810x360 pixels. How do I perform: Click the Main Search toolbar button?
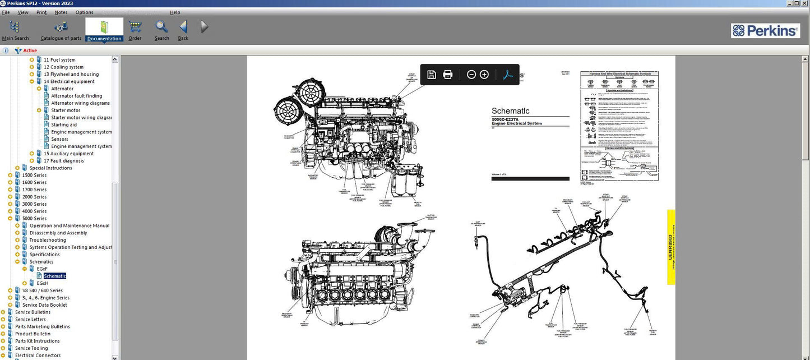[15, 30]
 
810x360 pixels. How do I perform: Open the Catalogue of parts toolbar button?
[61, 30]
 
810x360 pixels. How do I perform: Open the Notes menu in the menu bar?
[61, 12]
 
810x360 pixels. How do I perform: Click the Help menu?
[175, 12]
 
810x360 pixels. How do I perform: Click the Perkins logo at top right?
[765, 31]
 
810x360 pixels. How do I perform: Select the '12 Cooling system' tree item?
[63, 67]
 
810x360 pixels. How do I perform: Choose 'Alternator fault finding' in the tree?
[77, 96]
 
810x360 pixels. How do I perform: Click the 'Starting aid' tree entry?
[64, 125]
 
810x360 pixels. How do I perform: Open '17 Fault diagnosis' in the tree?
[63, 161]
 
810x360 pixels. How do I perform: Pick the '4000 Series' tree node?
[34, 211]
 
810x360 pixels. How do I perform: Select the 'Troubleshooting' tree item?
[48, 240]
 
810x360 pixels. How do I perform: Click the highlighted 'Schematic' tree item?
[55, 276]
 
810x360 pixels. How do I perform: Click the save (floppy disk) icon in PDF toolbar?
[432, 75]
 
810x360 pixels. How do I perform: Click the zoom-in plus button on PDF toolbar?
[484, 75]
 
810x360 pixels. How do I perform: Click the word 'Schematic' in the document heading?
[510, 111]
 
